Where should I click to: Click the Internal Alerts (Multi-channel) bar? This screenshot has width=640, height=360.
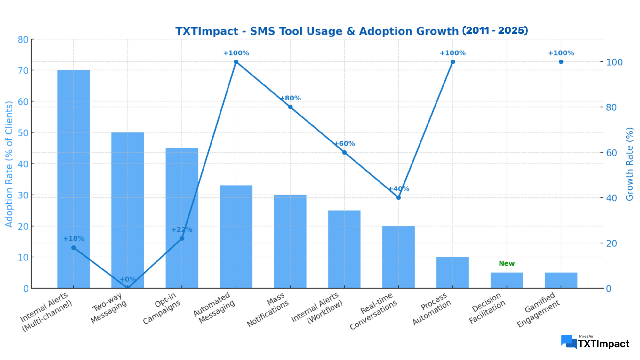coord(73,179)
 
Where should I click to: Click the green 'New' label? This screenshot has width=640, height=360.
coord(507,263)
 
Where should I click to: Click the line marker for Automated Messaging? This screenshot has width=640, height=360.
coord(236,62)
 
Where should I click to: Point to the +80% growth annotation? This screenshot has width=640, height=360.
coord(290,98)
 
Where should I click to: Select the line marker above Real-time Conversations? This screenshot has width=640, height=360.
coord(398,197)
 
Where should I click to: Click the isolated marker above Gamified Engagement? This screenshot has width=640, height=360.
coord(561,62)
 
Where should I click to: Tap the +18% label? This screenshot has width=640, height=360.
coord(74,239)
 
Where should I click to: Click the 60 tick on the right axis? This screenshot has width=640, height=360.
coord(612,153)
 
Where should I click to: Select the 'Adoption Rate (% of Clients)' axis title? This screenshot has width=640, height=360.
coord(9,164)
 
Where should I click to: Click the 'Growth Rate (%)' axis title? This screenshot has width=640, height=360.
coord(629,164)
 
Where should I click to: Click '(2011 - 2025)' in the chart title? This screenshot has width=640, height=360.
coord(495,30)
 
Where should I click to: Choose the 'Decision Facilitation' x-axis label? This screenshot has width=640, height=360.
coord(487,308)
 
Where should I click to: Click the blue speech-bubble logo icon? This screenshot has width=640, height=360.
coord(569,342)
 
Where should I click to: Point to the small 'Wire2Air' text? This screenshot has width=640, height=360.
coord(586,336)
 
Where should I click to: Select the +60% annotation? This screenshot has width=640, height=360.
coord(344,144)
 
